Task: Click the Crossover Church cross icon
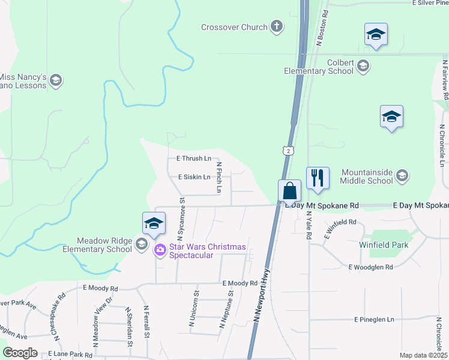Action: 277,26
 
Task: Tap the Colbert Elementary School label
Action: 318,66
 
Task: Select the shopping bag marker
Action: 289,192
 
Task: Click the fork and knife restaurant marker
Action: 318,178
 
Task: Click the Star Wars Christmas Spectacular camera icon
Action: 160,250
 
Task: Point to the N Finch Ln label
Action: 219,177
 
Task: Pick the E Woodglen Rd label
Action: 370,267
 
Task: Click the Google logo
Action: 20,353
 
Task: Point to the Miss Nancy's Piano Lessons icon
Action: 56,81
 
